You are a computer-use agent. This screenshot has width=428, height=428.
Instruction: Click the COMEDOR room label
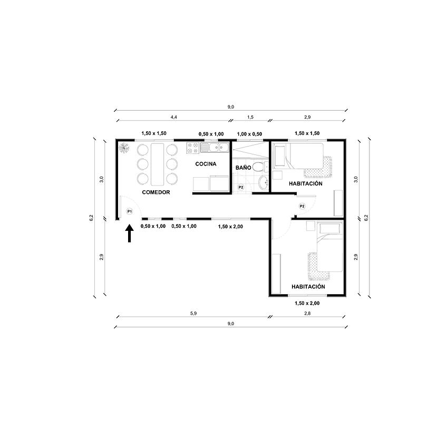[x=156, y=192]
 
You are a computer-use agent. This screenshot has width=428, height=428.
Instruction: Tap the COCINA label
[x=206, y=164]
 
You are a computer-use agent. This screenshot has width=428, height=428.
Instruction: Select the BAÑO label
[x=243, y=167]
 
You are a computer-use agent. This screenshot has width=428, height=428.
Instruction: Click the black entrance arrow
[x=129, y=233]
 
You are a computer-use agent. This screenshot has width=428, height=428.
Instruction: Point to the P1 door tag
[x=129, y=211]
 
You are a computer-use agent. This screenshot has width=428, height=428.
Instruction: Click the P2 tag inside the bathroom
[x=241, y=187]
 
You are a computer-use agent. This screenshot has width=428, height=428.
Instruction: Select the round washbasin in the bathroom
[x=262, y=183]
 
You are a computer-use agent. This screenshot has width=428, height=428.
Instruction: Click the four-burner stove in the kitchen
[x=192, y=148]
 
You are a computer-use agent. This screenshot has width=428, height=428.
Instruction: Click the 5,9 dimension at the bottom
[x=193, y=313]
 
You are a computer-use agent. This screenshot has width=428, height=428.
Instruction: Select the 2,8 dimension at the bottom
[x=307, y=313]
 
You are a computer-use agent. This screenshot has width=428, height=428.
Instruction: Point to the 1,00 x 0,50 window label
[x=249, y=134]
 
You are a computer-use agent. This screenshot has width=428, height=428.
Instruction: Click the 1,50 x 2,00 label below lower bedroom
[x=307, y=303]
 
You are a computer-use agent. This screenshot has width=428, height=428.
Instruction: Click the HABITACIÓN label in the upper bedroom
[x=306, y=183]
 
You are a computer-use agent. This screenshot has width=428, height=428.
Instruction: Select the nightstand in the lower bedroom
[x=311, y=227]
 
